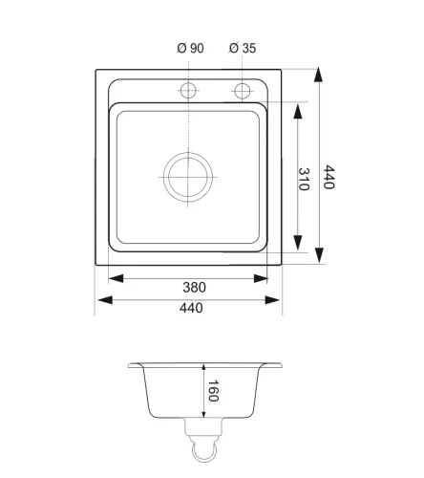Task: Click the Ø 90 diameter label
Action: click(x=190, y=48)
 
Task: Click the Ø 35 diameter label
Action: click(x=243, y=48)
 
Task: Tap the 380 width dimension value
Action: click(x=194, y=288)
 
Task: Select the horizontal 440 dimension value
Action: click(x=191, y=308)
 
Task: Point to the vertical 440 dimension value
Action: click(x=329, y=177)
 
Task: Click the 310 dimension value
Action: click(x=304, y=179)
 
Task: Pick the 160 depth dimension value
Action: click(x=213, y=391)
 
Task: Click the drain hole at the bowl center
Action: click(x=188, y=177)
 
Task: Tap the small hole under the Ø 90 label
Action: click(x=188, y=90)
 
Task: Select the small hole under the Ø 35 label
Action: click(x=242, y=91)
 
